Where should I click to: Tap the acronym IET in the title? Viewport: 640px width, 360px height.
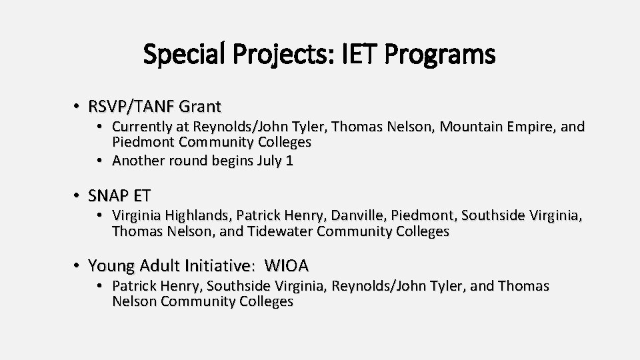(x=357, y=55)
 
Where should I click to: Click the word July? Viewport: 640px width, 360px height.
(x=269, y=161)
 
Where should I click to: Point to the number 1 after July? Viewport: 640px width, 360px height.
(x=289, y=161)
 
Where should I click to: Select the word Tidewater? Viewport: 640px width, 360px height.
(x=281, y=231)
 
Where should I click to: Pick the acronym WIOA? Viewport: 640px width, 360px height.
(x=287, y=266)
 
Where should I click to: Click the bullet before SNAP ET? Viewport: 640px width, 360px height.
(x=77, y=196)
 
